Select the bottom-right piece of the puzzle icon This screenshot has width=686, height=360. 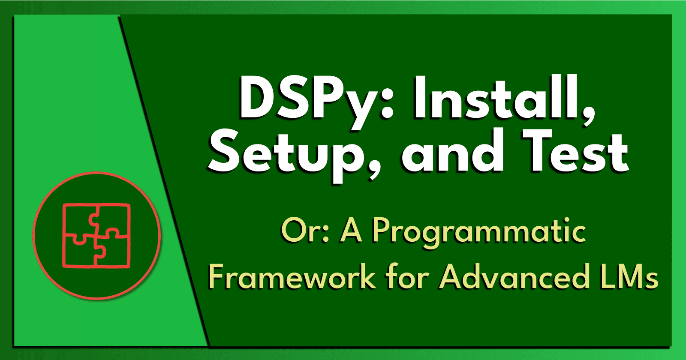click(114, 253)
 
